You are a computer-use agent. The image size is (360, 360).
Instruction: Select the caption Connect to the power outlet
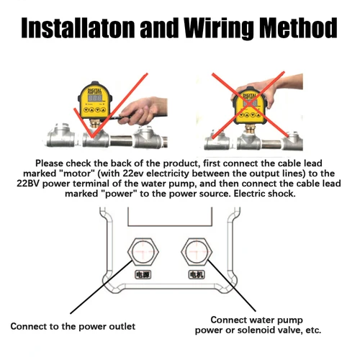tap(72, 325)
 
